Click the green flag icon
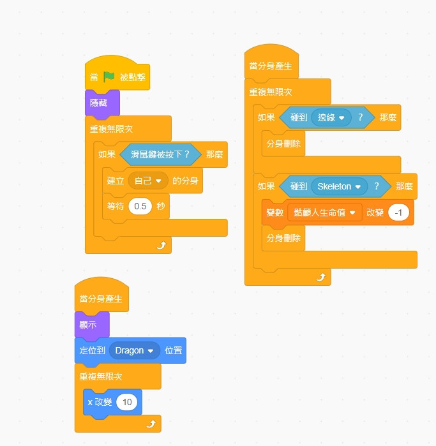coord(109,77)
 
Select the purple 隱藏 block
coord(98,102)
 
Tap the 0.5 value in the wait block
coord(140,206)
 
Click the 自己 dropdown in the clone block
coord(148,181)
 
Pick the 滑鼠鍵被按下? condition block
coord(160,154)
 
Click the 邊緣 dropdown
coord(331,117)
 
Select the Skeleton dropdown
coord(338,186)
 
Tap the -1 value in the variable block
coord(398,212)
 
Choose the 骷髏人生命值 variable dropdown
coord(324,212)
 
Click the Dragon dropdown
coord(134,351)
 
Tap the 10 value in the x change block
coord(127,402)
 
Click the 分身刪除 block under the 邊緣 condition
coord(283,143)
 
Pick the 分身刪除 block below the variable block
coord(283,238)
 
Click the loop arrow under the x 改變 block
coord(151,423)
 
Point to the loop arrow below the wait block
coord(162,246)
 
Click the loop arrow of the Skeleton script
coord(321,277)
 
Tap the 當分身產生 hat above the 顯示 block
coord(101,298)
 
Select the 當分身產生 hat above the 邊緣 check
coord(271,66)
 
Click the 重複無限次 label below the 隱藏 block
coord(111,129)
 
